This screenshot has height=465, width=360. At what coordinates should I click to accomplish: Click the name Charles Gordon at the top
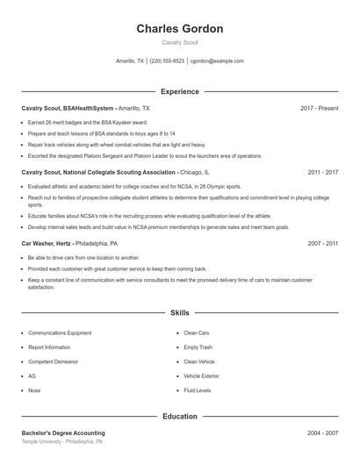point(179,29)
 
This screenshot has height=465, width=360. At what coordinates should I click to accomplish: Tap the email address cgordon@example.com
point(217,61)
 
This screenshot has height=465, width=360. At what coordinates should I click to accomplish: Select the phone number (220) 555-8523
point(167,61)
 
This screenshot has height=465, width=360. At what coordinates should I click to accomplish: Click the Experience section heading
point(179,91)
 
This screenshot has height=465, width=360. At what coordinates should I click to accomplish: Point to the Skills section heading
point(179,312)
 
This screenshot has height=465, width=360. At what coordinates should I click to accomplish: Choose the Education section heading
point(179,416)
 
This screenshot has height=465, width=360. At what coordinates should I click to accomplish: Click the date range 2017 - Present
point(319,108)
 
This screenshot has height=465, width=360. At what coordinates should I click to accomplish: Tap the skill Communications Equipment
point(60,333)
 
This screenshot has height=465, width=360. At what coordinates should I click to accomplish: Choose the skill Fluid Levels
point(197,390)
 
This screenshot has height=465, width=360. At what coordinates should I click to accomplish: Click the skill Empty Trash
point(198,347)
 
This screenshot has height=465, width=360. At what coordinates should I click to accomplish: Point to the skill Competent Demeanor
point(53,361)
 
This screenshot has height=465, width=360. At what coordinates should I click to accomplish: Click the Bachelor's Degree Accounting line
point(63,433)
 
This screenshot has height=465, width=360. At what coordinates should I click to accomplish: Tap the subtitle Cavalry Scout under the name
point(179,42)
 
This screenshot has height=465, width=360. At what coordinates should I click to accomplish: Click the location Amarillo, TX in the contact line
point(129,61)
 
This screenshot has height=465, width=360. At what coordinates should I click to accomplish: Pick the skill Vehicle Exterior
point(201,376)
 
